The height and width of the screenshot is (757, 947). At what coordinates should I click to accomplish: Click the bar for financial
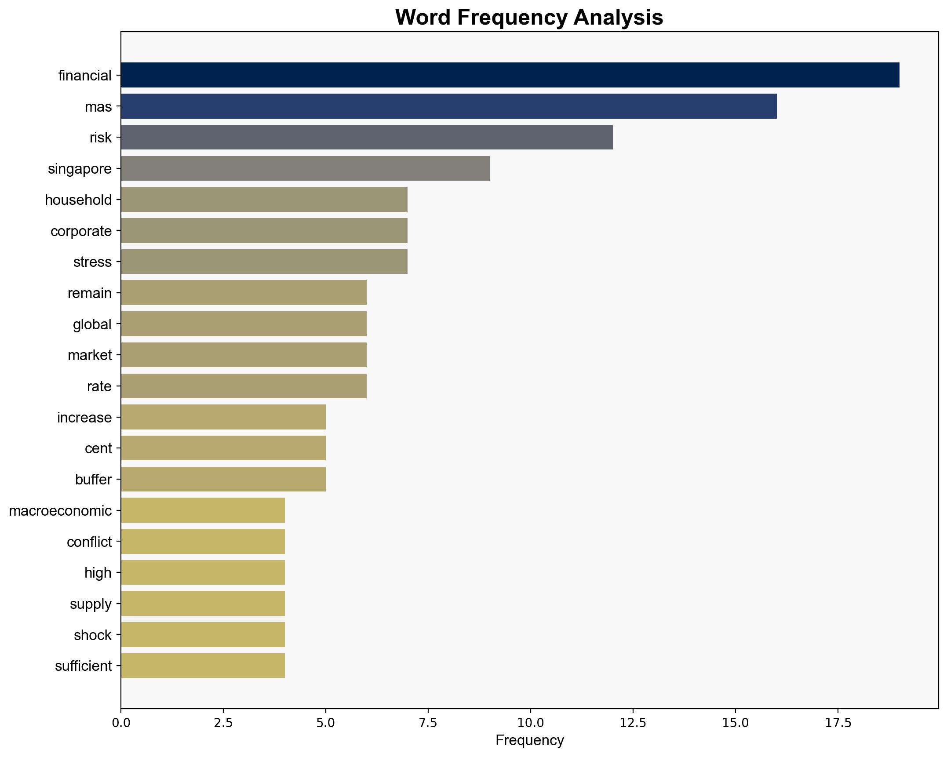point(510,75)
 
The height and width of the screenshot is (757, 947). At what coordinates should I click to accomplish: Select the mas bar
point(448,106)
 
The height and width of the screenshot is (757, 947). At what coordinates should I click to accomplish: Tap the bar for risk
point(367,137)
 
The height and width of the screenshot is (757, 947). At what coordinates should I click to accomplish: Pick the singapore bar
point(305,168)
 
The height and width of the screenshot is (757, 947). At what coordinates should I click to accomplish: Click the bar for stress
point(264,262)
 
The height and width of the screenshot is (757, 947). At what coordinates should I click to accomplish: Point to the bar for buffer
point(223,479)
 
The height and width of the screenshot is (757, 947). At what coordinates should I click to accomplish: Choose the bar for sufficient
point(203,666)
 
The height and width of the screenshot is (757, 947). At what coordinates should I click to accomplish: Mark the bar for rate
point(244,386)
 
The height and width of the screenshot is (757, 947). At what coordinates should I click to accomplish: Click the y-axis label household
point(78,200)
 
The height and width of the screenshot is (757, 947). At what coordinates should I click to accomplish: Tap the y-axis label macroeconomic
point(60,511)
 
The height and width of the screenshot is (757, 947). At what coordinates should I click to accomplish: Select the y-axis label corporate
point(81,231)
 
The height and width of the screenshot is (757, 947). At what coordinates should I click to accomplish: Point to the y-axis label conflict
point(89,542)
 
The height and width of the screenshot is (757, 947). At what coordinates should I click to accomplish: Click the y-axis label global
point(92,324)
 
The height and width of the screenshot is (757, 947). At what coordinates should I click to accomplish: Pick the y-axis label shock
point(93,635)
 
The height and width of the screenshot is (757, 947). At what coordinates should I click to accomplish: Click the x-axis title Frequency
point(529,741)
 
